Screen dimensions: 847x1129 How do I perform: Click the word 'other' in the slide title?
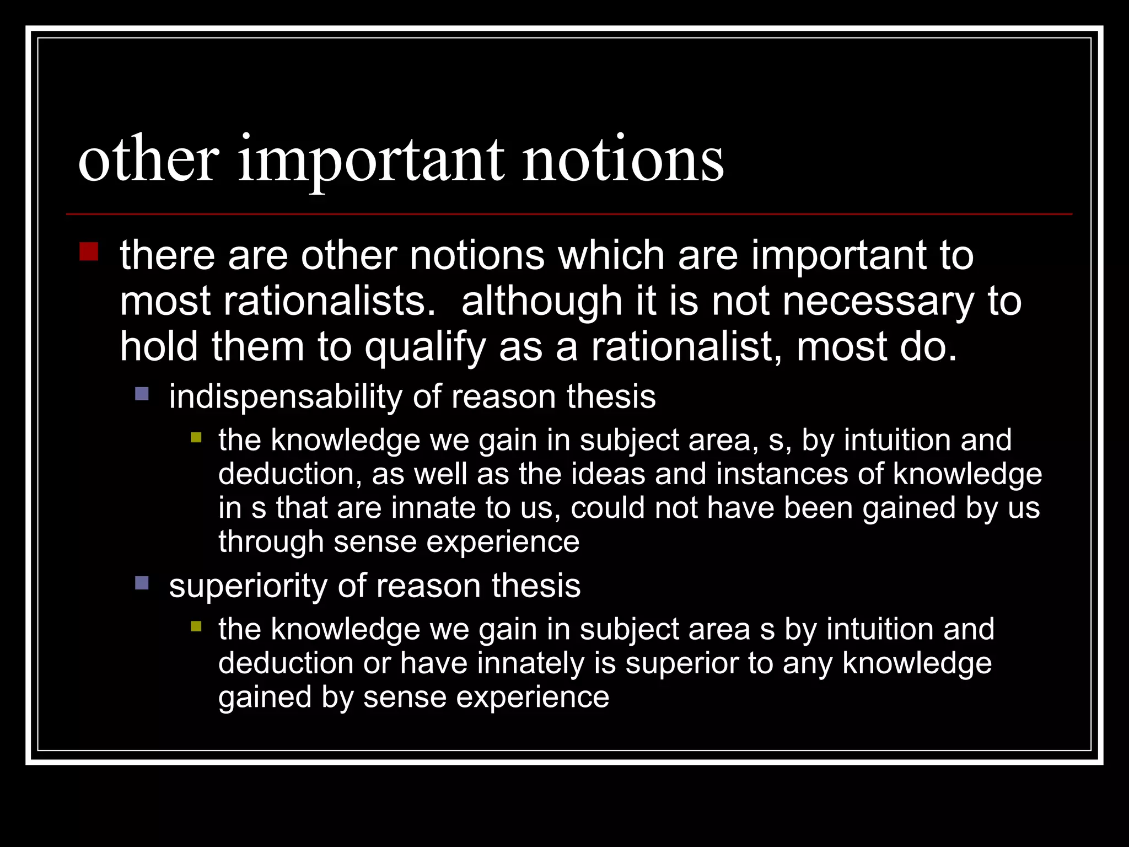[148, 159]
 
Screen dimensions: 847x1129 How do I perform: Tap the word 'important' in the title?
[370, 162]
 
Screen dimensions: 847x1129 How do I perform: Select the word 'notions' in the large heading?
[622, 159]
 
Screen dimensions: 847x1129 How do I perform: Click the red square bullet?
[89, 251]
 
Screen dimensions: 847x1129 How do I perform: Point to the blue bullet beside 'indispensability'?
[142, 394]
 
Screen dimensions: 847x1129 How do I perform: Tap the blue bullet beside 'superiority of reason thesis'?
[142, 582]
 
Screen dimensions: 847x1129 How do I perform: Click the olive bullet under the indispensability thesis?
[196, 438]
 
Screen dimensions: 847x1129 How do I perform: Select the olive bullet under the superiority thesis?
[196, 627]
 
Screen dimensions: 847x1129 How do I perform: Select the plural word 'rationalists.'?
[329, 301]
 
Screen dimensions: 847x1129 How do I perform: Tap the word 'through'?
[271, 542]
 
